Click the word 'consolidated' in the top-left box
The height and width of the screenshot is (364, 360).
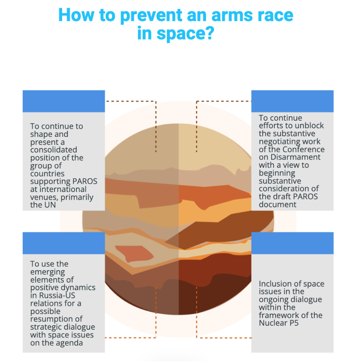pyautogui.click(x=53, y=150)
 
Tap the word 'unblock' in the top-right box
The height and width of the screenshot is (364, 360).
pyautogui.click(x=309, y=126)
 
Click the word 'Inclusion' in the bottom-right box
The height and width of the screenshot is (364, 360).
pyautogui.click(x=276, y=284)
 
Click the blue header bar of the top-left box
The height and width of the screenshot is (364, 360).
pyautogui.click(x=63, y=101)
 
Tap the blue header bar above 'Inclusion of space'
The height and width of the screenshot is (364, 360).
pyautogui.click(x=292, y=243)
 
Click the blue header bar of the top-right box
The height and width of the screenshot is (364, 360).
pyautogui.click(x=292, y=101)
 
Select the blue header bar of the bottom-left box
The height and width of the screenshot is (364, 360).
pyautogui.click(x=63, y=243)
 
